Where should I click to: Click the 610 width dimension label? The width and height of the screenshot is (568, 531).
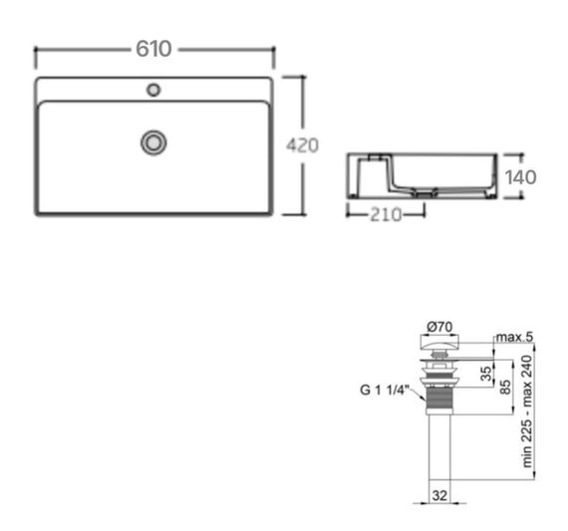point(154,49)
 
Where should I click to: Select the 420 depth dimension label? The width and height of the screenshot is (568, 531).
point(302,145)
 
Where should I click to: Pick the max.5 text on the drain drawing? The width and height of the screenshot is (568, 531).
point(515,338)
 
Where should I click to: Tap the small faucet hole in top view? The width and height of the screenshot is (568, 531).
point(152,91)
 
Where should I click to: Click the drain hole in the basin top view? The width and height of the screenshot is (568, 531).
point(152,142)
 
